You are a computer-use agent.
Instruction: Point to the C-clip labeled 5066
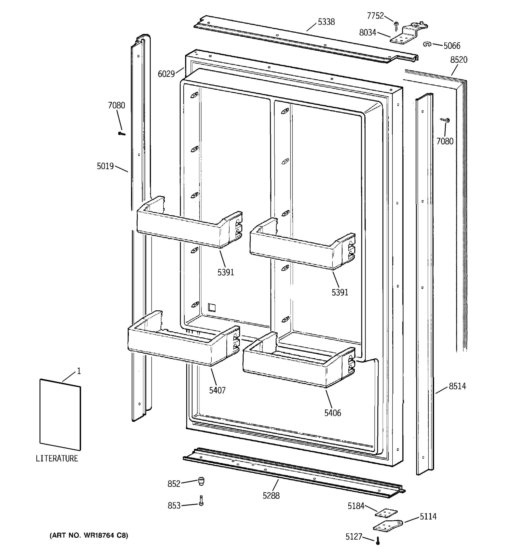(x=427, y=44)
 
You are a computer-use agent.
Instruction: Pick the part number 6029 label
(x=166, y=74)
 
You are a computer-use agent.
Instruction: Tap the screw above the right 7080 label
(x=446, y=121)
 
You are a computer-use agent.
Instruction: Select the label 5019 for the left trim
(x=105, y=166)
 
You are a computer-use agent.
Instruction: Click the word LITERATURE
(x=57, y=459)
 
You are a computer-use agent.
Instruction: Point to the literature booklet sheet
(x=60, y=415)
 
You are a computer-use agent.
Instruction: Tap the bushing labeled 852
(x=201, y=481)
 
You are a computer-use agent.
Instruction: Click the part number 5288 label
(x=271, y=496)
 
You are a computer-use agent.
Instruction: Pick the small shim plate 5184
(x=386, y=513)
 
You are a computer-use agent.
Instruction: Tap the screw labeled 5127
(x=378, y=541)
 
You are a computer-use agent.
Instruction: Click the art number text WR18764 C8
(x=89, y=535)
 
